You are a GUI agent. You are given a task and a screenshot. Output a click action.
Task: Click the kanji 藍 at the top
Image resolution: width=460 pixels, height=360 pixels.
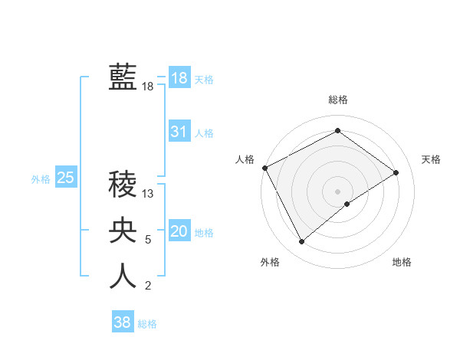tap(123, 77)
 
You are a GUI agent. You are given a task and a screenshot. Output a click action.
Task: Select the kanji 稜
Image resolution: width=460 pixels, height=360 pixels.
tap(123, 184)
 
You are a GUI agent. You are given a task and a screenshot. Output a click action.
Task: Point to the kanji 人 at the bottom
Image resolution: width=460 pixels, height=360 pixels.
tap(123, 276)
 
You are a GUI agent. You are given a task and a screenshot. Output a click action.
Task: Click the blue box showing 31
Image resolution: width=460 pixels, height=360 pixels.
tap(179, 132)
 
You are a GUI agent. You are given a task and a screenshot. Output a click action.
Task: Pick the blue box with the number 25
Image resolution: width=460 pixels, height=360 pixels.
tap(65, 178)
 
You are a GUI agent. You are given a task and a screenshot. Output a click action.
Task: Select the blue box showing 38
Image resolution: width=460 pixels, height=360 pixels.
tap(122, 322)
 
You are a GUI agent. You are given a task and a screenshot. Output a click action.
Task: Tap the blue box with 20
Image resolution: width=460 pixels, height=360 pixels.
tap(179, 231)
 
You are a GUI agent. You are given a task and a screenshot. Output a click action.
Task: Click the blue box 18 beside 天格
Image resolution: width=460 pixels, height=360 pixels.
tap(179, 78)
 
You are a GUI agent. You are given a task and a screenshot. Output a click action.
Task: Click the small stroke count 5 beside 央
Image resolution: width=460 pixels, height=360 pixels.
tap(148, 240)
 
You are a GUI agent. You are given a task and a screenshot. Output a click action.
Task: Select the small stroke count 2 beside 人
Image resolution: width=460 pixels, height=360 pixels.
tap(148, 286)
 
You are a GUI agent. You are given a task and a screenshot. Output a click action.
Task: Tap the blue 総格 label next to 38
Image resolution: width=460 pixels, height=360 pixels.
tap(147, 324)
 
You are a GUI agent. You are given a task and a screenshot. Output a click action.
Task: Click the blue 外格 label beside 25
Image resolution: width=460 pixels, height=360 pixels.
tap(41, 180)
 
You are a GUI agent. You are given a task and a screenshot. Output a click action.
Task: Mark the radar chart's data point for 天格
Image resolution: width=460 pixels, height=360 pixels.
tap(396, 172)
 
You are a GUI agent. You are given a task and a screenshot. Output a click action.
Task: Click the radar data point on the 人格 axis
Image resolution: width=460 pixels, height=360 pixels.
tap(264, 168)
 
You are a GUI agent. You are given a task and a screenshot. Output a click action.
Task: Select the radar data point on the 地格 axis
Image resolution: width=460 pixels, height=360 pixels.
tap(347, 204)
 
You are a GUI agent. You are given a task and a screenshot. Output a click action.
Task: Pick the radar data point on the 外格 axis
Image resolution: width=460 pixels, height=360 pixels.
tap(301, 242)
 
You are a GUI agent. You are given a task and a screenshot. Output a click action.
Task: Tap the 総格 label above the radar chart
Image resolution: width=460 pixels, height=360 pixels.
tap(337, 100)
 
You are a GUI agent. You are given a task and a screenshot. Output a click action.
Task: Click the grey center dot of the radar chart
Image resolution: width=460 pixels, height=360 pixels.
tap(337, 191)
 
